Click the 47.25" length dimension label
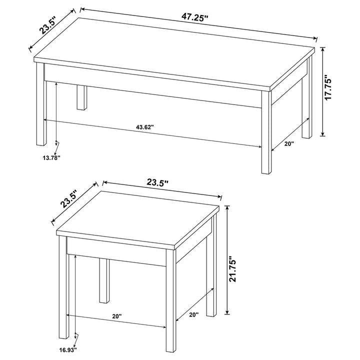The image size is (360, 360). [x=194, y=17]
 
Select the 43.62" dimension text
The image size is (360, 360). [x=144, y=127]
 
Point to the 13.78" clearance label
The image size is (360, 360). [x=51, y=158]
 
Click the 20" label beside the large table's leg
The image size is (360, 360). [x=289, y=143]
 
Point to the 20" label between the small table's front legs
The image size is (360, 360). [x=116, y=316]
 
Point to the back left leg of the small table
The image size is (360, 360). [x=104, y=280]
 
